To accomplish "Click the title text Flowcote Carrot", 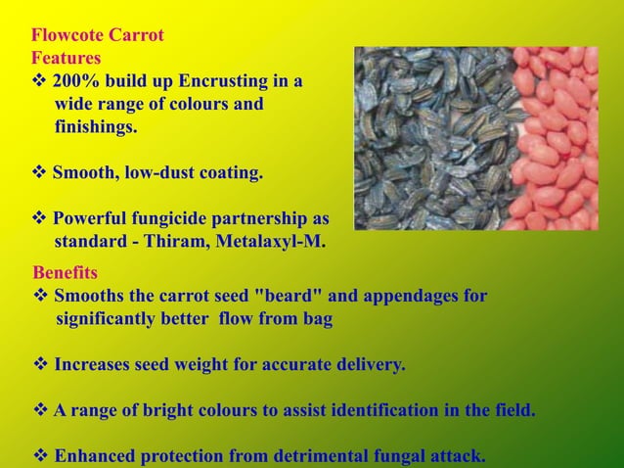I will [97, 36].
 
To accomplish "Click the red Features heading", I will [66, 59].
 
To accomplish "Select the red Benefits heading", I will [65, 271].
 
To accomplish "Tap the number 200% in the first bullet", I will [75, 81].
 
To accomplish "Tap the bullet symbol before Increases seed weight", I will [42, 365].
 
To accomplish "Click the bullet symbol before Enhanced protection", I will [42, 455].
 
